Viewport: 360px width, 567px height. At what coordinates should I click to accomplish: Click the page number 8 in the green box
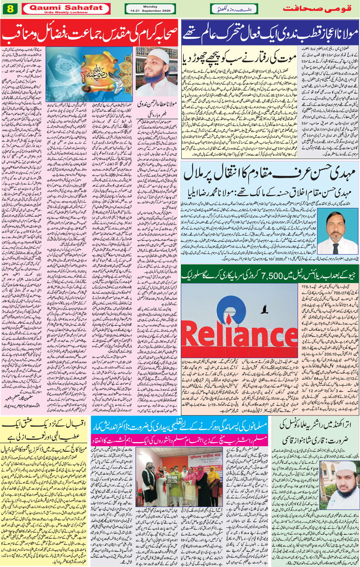coord(10,8)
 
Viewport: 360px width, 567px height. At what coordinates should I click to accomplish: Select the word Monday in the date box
coord(150,6)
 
